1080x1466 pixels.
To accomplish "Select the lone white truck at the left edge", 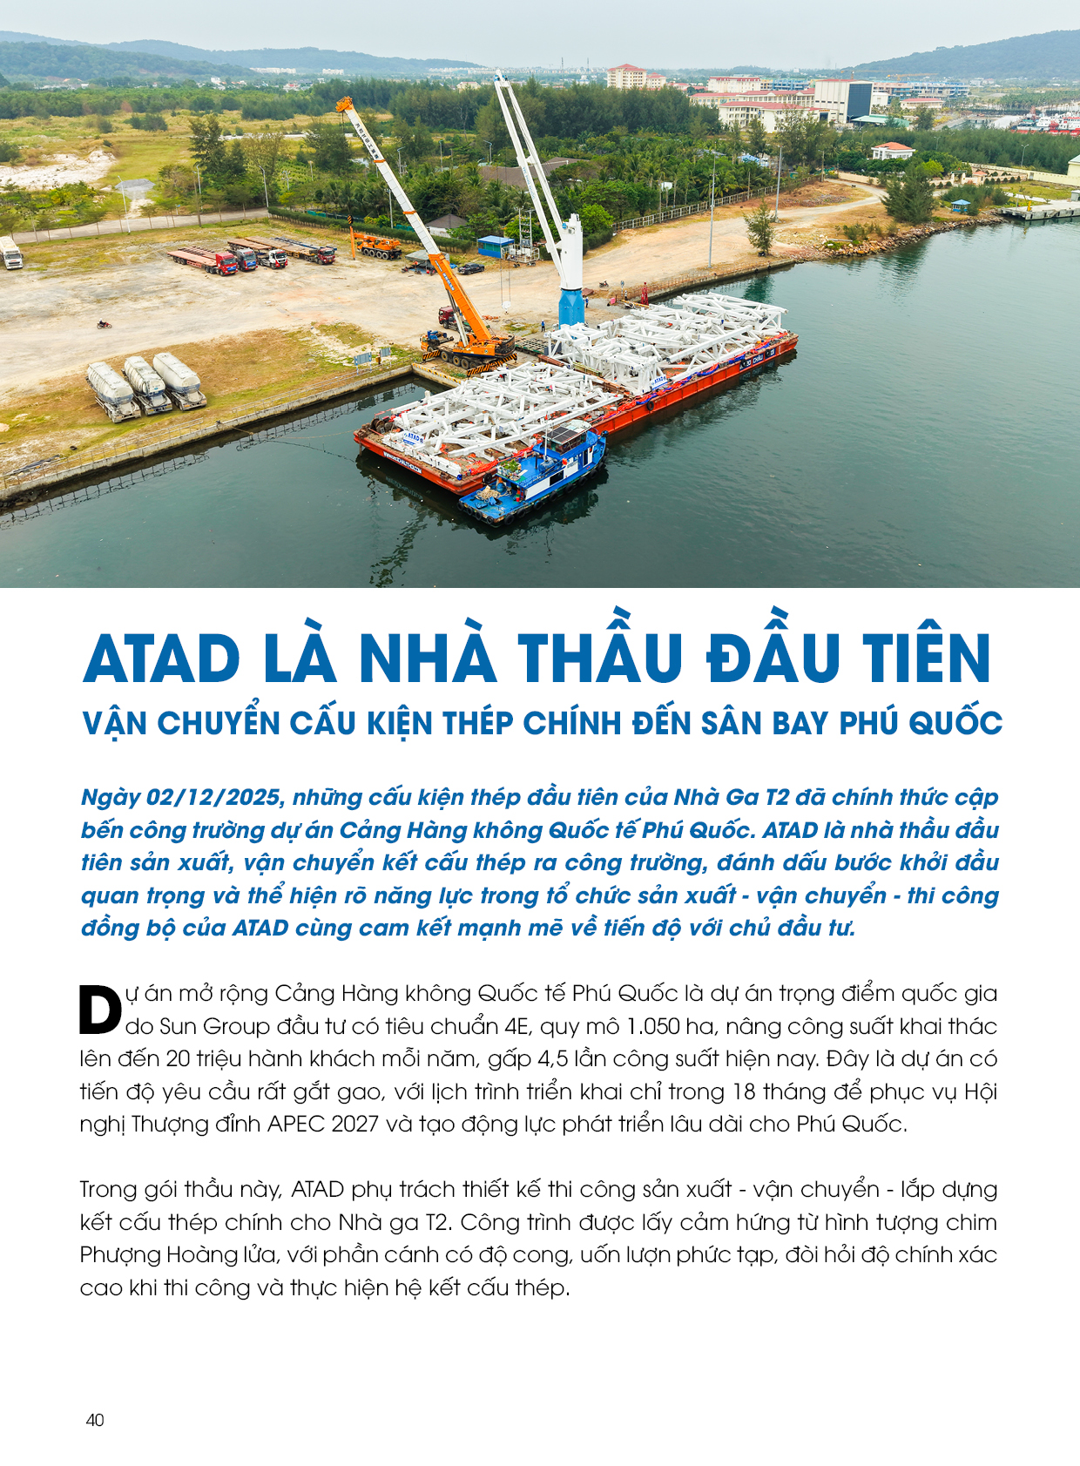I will click(x=10, y=253).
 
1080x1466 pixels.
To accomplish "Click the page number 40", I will click(x=95, y=1420).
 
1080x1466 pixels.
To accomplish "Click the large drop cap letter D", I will click(x=100, y=1010).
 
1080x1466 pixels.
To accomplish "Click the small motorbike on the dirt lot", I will click(x=105, y=325).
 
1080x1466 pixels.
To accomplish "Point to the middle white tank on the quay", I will click(x=145, y=384).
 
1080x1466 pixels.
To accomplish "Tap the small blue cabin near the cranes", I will click(x=495, y=247).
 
